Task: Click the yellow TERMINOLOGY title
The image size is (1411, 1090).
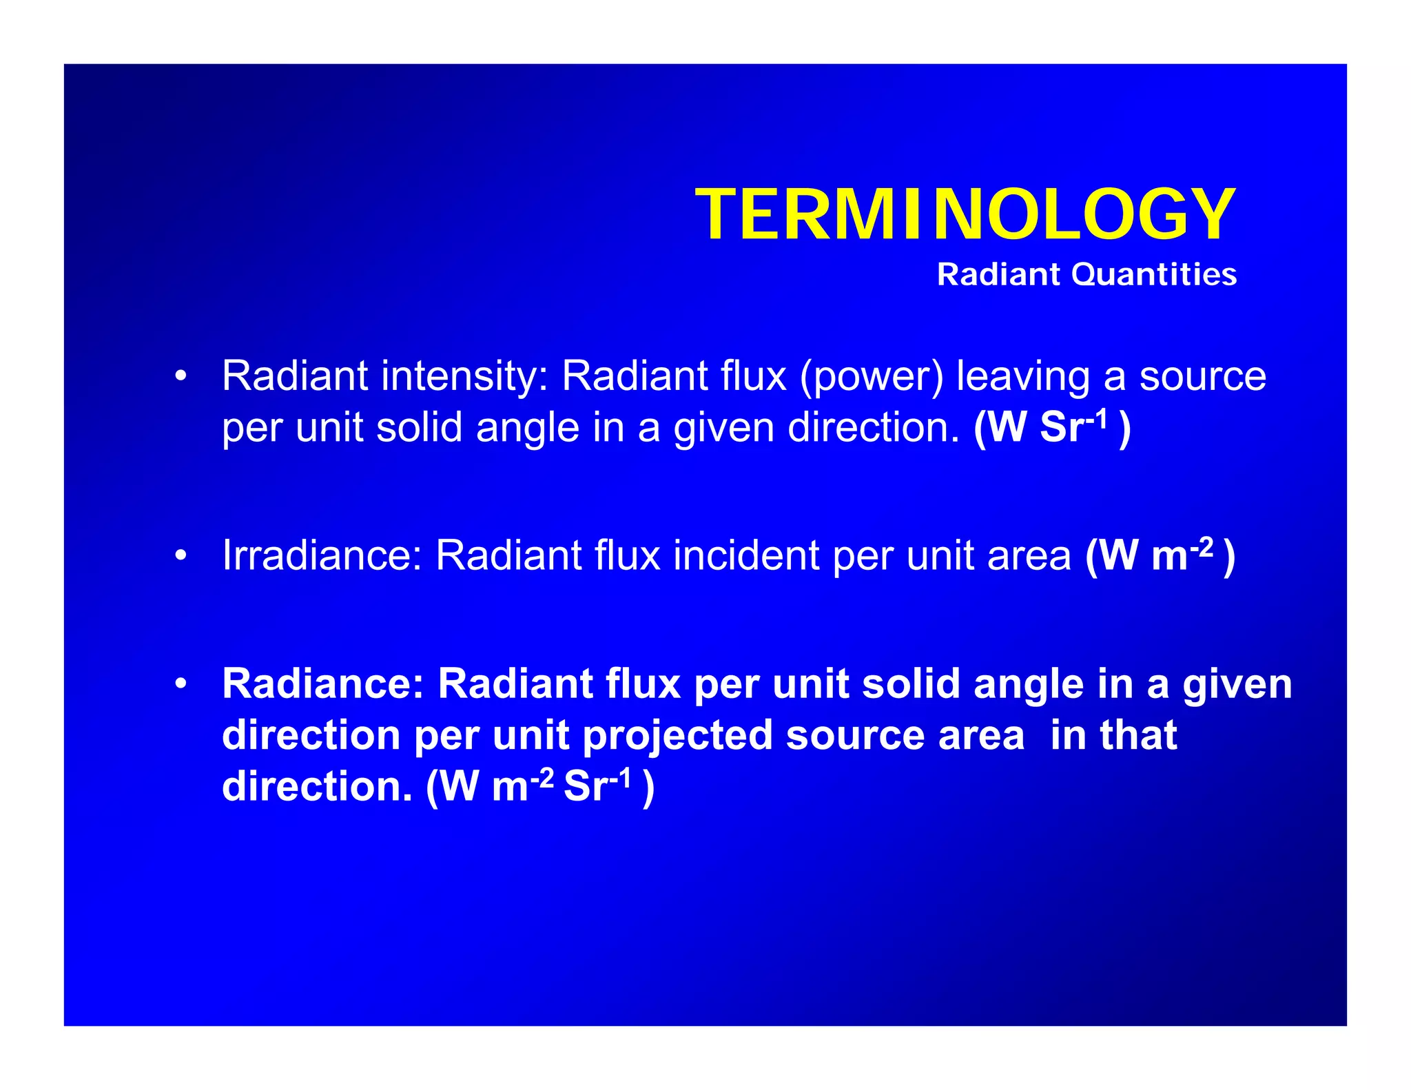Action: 965,215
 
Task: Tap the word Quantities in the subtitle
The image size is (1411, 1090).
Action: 1154,275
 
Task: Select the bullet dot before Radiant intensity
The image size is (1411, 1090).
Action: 181,377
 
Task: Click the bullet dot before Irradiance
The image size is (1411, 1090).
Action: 181,555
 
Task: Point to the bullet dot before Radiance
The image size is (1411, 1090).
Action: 181,684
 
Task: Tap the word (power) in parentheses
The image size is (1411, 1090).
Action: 872,377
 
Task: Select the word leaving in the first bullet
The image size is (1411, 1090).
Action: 1022,377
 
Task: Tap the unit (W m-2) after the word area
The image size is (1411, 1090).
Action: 1160,555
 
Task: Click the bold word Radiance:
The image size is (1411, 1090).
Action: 322,684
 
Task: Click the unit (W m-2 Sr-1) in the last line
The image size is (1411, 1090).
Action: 540,786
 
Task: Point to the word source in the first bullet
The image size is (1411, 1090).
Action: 1202,377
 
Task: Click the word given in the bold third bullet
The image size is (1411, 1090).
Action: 1237,684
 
